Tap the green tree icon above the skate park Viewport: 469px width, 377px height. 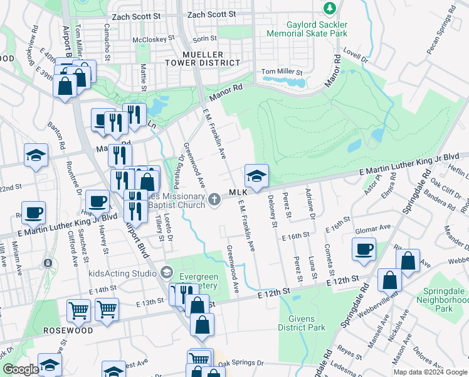(x=329, y=8)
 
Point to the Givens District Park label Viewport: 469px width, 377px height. (x=302, y=323)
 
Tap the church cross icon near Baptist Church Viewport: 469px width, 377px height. (x=215, y=199)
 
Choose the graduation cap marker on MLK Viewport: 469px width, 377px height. (x=256, y=177)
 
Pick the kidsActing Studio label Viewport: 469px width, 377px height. (x=122, y=273)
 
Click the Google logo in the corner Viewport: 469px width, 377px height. (x=20, y=369)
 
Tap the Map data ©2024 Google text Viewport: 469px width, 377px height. (x=431, y=372)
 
